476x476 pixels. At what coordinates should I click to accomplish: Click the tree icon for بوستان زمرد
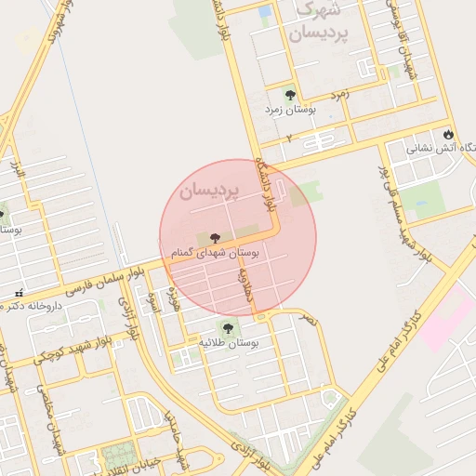290,94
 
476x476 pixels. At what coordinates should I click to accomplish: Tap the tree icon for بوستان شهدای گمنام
216,238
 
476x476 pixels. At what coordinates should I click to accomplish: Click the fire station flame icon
448,133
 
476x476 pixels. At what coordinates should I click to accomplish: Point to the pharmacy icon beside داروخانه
18,294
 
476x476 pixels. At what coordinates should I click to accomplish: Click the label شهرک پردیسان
318,22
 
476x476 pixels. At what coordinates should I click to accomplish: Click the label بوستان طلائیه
229,343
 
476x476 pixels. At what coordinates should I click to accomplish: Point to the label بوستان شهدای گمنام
216,253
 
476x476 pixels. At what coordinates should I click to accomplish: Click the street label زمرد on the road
340,95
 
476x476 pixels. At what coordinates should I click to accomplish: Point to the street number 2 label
289,138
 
